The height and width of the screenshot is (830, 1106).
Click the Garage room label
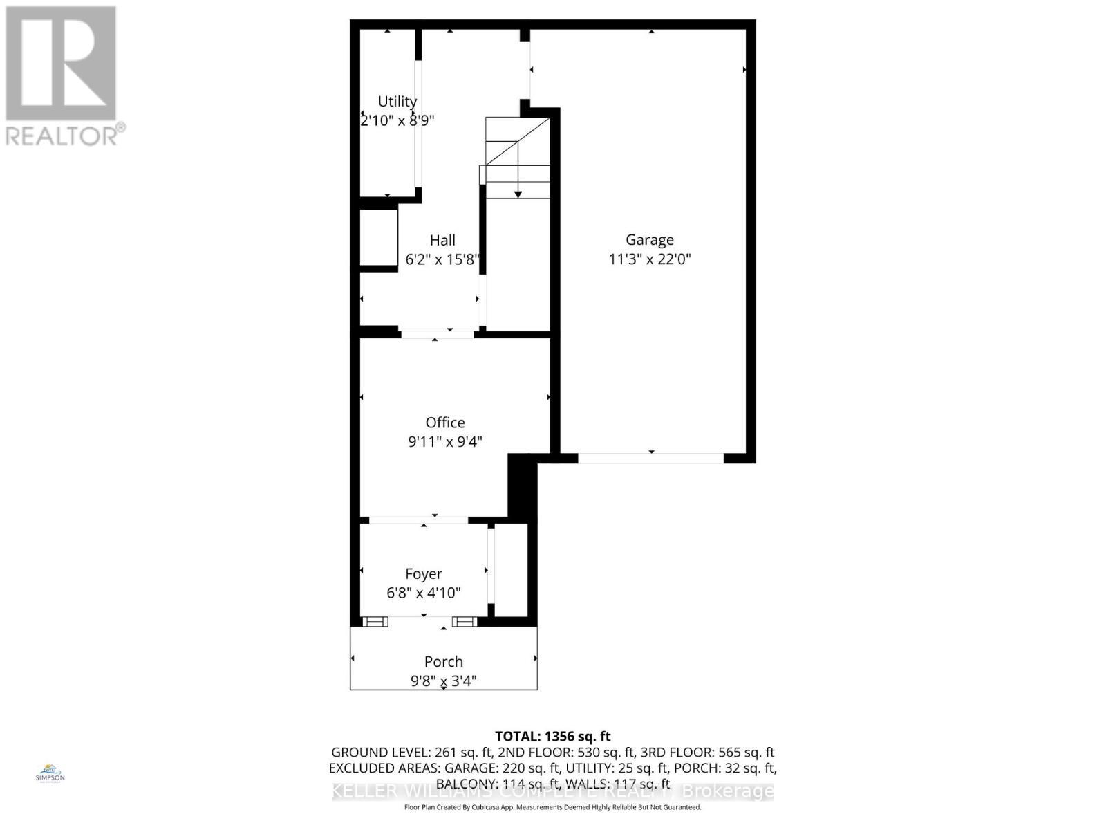pyautogui.click(x=649, y=240)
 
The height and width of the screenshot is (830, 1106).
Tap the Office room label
pyautogui.click(x=445, y=423)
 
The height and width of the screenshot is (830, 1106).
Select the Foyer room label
pyautogui.click(x=424, y=574)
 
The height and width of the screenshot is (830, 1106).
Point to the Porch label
pyautogui.click(x=444, y=662)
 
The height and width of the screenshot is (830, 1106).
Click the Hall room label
pyautogui.click(x=442, y=241)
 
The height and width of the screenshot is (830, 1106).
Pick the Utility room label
pyautogui.click(x=397, y=102)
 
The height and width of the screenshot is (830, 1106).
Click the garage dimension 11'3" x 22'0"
pyautogui.click(x=650, y=259)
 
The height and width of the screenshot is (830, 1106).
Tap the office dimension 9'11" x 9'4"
pyautogui.click(x=445, y=441)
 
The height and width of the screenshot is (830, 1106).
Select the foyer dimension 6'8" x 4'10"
pyautogui.click(x=424, y=593)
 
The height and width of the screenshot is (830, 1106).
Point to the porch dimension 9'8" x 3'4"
pyautogui.click(x=444, y=681)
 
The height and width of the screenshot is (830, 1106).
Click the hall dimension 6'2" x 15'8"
pyautogui.click(x=442, y=259)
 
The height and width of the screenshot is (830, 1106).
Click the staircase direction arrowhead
pyautogui.click(x=518, y=194)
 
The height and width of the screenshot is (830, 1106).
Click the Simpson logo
pyautogui.click(x=50, y=773)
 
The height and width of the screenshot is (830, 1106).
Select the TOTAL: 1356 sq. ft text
pyautogui.click(x=553, y=737)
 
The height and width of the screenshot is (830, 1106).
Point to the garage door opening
pyautogui.click(x=650, y=458)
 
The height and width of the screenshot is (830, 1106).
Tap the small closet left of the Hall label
pyautogui.click(x=378, y=237)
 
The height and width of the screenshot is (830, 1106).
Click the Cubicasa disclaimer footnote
pyautogui.click(x=553, y=807)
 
